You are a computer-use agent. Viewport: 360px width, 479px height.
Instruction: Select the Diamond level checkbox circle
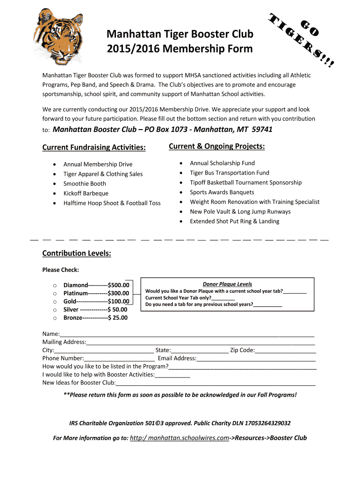pyautogui.click(x=55, y=285)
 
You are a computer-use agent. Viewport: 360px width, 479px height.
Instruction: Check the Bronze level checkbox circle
pyautogui.click(x=55, y=318)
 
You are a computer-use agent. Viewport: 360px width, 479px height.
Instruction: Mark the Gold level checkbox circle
pyautogui.click(x=55, y=302)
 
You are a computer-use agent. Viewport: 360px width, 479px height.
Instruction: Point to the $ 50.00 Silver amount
pyautogui.click(x=117, y=310)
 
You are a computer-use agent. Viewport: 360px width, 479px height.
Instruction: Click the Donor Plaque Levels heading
pyautogui.click(x=227, y=284)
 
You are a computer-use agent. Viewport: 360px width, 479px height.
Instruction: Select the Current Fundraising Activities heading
pyautogui.click(x=94, y=147)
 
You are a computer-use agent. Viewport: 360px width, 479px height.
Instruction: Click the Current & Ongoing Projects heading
pyautogui.click(x=216, y=146)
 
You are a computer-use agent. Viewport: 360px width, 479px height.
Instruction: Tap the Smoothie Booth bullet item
pyautogui.click(x=85, y=183)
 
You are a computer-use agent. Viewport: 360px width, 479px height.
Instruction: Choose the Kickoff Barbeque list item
pyautogui.click(x=86, y=193)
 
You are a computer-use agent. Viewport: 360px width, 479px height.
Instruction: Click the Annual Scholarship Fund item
pyautogui.click(x=222, y=163)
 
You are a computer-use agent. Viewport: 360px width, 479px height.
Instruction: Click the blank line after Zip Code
pyautogui.click(x=286, y=350)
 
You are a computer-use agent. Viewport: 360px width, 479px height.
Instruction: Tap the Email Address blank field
pyautogui.click(x=256, y=359)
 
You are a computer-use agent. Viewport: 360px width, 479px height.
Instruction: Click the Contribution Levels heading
pyautogui.click(x=77, y=253)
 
